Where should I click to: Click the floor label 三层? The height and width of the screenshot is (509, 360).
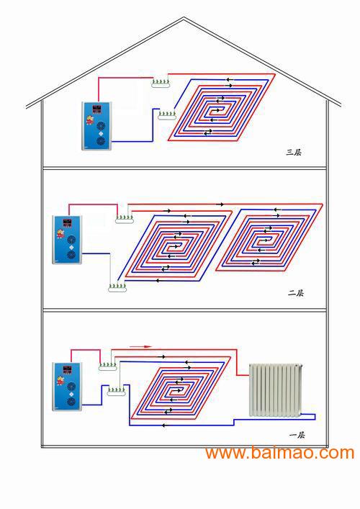[x=294, y=152]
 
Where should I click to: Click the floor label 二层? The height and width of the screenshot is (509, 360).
[x=295, y=293]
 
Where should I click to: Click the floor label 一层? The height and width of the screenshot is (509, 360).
[x=297, y=435]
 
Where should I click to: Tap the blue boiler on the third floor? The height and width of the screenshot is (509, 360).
[x=96, y=126]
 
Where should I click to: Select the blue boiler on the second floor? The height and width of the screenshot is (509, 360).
[x=67, y=240]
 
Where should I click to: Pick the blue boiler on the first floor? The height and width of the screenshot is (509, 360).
[x=67, y=387]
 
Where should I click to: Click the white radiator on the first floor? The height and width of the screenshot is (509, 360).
[x=276, y=390]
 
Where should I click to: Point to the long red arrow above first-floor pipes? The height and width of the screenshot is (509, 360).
[x=140, y=347]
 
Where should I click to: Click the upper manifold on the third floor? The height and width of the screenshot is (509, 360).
[x=161, y=83]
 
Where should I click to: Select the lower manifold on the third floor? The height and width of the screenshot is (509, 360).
[x=167, y=114]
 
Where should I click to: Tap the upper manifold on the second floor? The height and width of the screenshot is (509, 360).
[x=125, y=218]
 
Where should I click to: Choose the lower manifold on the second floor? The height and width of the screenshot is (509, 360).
[x=117, y=287]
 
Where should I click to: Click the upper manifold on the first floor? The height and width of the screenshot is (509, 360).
[x=108, y=366]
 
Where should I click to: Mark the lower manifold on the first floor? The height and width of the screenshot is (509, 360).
[x=116, y=391]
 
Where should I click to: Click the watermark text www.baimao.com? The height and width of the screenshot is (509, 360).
[x=279, y=453]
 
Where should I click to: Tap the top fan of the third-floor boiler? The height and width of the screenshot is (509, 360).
[x=101, y=126]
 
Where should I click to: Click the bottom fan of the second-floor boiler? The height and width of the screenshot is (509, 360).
[x=71, y=255]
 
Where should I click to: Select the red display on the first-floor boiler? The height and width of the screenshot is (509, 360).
[x=68, y=369]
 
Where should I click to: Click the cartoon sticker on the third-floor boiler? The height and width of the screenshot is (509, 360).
[x=89, y=119]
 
